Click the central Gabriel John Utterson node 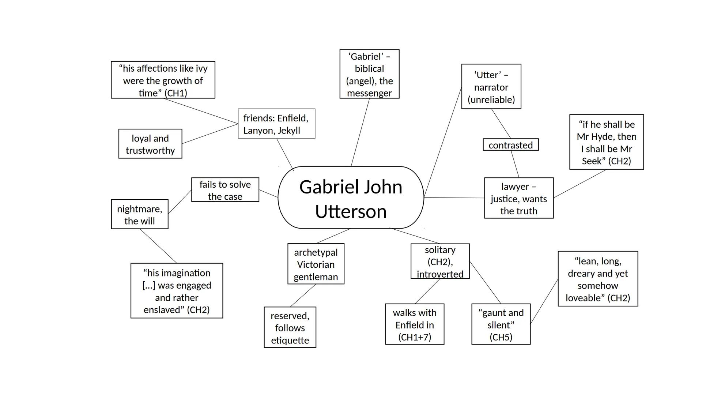click(x=351, y=198)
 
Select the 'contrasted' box click(x=510, y=145)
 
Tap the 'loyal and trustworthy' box click(x=150, y=144)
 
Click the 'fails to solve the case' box click(x=225, y=190)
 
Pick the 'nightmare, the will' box click(x=140, y=214)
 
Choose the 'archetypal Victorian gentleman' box click(x=316, y=264)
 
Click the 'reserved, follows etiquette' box click(x=290, y=327)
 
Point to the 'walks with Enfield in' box click(x=415, y=324)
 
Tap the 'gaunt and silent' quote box click(x=501, y=324)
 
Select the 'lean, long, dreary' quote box click(x=598, y=279)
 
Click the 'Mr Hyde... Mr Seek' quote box click(x=606, y=142)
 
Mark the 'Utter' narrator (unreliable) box click(x=491, y=87)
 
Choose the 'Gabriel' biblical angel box click(x=369, y=74)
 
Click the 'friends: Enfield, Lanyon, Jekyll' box click(x=276, y=124)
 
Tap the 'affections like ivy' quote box click(x=163, y=80)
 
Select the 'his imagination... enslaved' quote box click(x=177, y=291)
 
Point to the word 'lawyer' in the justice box click(x=515, y=187)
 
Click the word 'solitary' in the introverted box click(x=440, y=250)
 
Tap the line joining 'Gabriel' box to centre click(x=360, y=132)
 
